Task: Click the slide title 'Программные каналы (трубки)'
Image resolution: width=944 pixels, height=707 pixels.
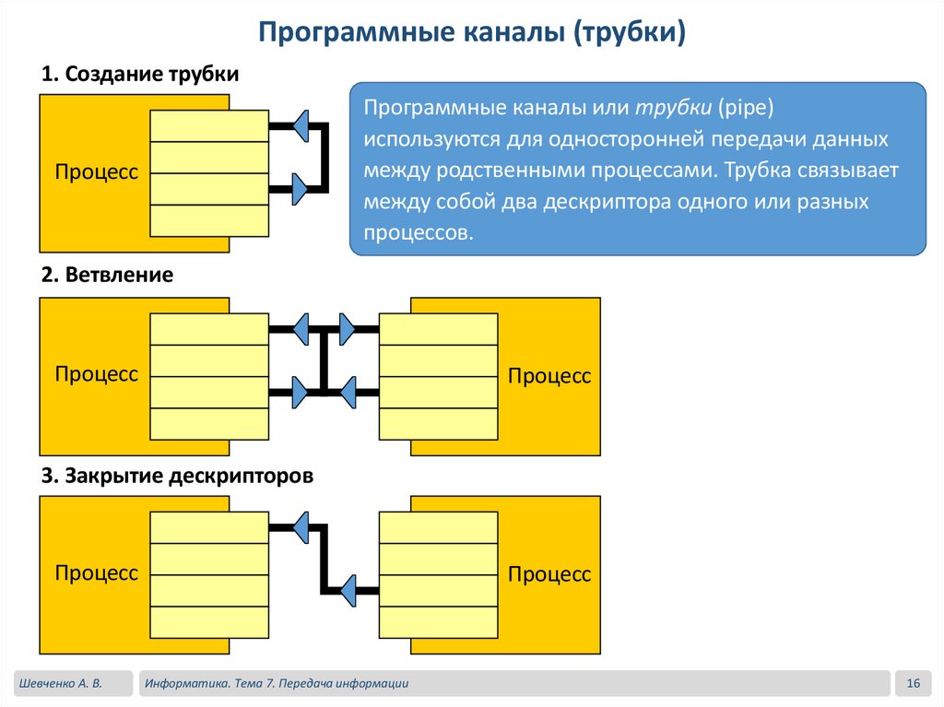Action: (471, 33)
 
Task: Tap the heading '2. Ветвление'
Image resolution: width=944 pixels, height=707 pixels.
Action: (107, 275)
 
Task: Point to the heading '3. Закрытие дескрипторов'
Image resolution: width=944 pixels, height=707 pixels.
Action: (178, 476)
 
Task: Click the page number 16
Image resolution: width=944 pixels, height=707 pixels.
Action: (914, 683)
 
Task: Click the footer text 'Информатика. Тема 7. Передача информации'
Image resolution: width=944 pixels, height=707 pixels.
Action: (276, 683)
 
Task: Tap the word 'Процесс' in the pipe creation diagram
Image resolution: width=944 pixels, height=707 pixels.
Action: (96, 172)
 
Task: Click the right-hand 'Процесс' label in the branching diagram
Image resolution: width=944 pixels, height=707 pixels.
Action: (549, 376)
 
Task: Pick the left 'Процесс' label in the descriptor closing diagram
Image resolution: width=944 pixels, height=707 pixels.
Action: (96, 573)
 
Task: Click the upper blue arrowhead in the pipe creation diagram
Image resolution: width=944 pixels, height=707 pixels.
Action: (301, 125)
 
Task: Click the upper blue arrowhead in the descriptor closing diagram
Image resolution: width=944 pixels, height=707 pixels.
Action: (301, 527)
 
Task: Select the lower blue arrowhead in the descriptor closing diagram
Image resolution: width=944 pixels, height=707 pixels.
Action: (348, 590)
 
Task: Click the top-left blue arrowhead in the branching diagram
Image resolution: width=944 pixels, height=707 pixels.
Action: (301, 328)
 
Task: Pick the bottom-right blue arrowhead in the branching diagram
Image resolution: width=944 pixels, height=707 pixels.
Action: (348, 392)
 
